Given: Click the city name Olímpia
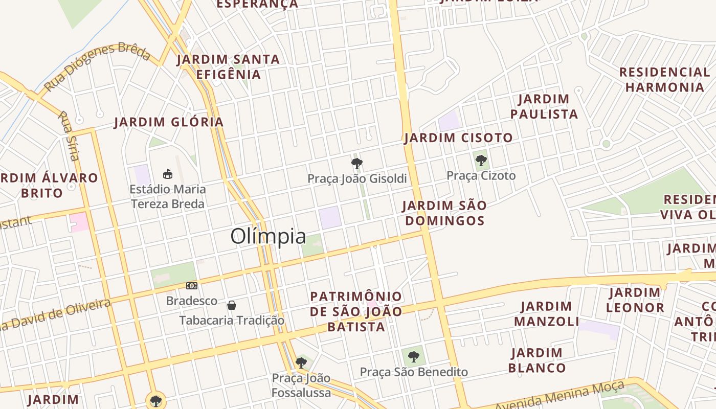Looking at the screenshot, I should pos(268,236).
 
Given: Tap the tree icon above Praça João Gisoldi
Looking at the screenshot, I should pos(357,164).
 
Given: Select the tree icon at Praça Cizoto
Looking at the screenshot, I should pos(481,161).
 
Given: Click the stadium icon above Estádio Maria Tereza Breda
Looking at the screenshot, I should pos(167,174).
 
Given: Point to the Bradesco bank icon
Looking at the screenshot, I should pos(191,286).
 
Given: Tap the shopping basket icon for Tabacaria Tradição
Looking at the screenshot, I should pos(232,305).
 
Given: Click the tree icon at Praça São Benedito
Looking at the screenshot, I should pos(414,356).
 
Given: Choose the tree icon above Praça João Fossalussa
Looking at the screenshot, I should pos(301,363).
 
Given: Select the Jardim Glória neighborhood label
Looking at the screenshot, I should pos(169,122).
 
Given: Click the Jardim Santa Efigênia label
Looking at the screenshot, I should pos(229,67).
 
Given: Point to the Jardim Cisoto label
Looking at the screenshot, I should pos(458,138).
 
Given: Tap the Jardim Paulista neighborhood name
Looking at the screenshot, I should pos(544,106).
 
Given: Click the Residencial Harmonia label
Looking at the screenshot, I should pos(664,79).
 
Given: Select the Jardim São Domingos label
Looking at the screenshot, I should pos(444,213).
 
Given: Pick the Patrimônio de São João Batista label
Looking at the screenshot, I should pos(356,311).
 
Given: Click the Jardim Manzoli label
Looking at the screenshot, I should pos(546,314).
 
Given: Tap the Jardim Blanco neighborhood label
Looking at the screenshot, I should pos(537,360).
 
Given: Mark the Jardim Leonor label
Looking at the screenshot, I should pos(635,300).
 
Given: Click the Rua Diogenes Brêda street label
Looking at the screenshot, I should pos(97,67).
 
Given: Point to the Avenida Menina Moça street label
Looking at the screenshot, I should pos(560,396).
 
